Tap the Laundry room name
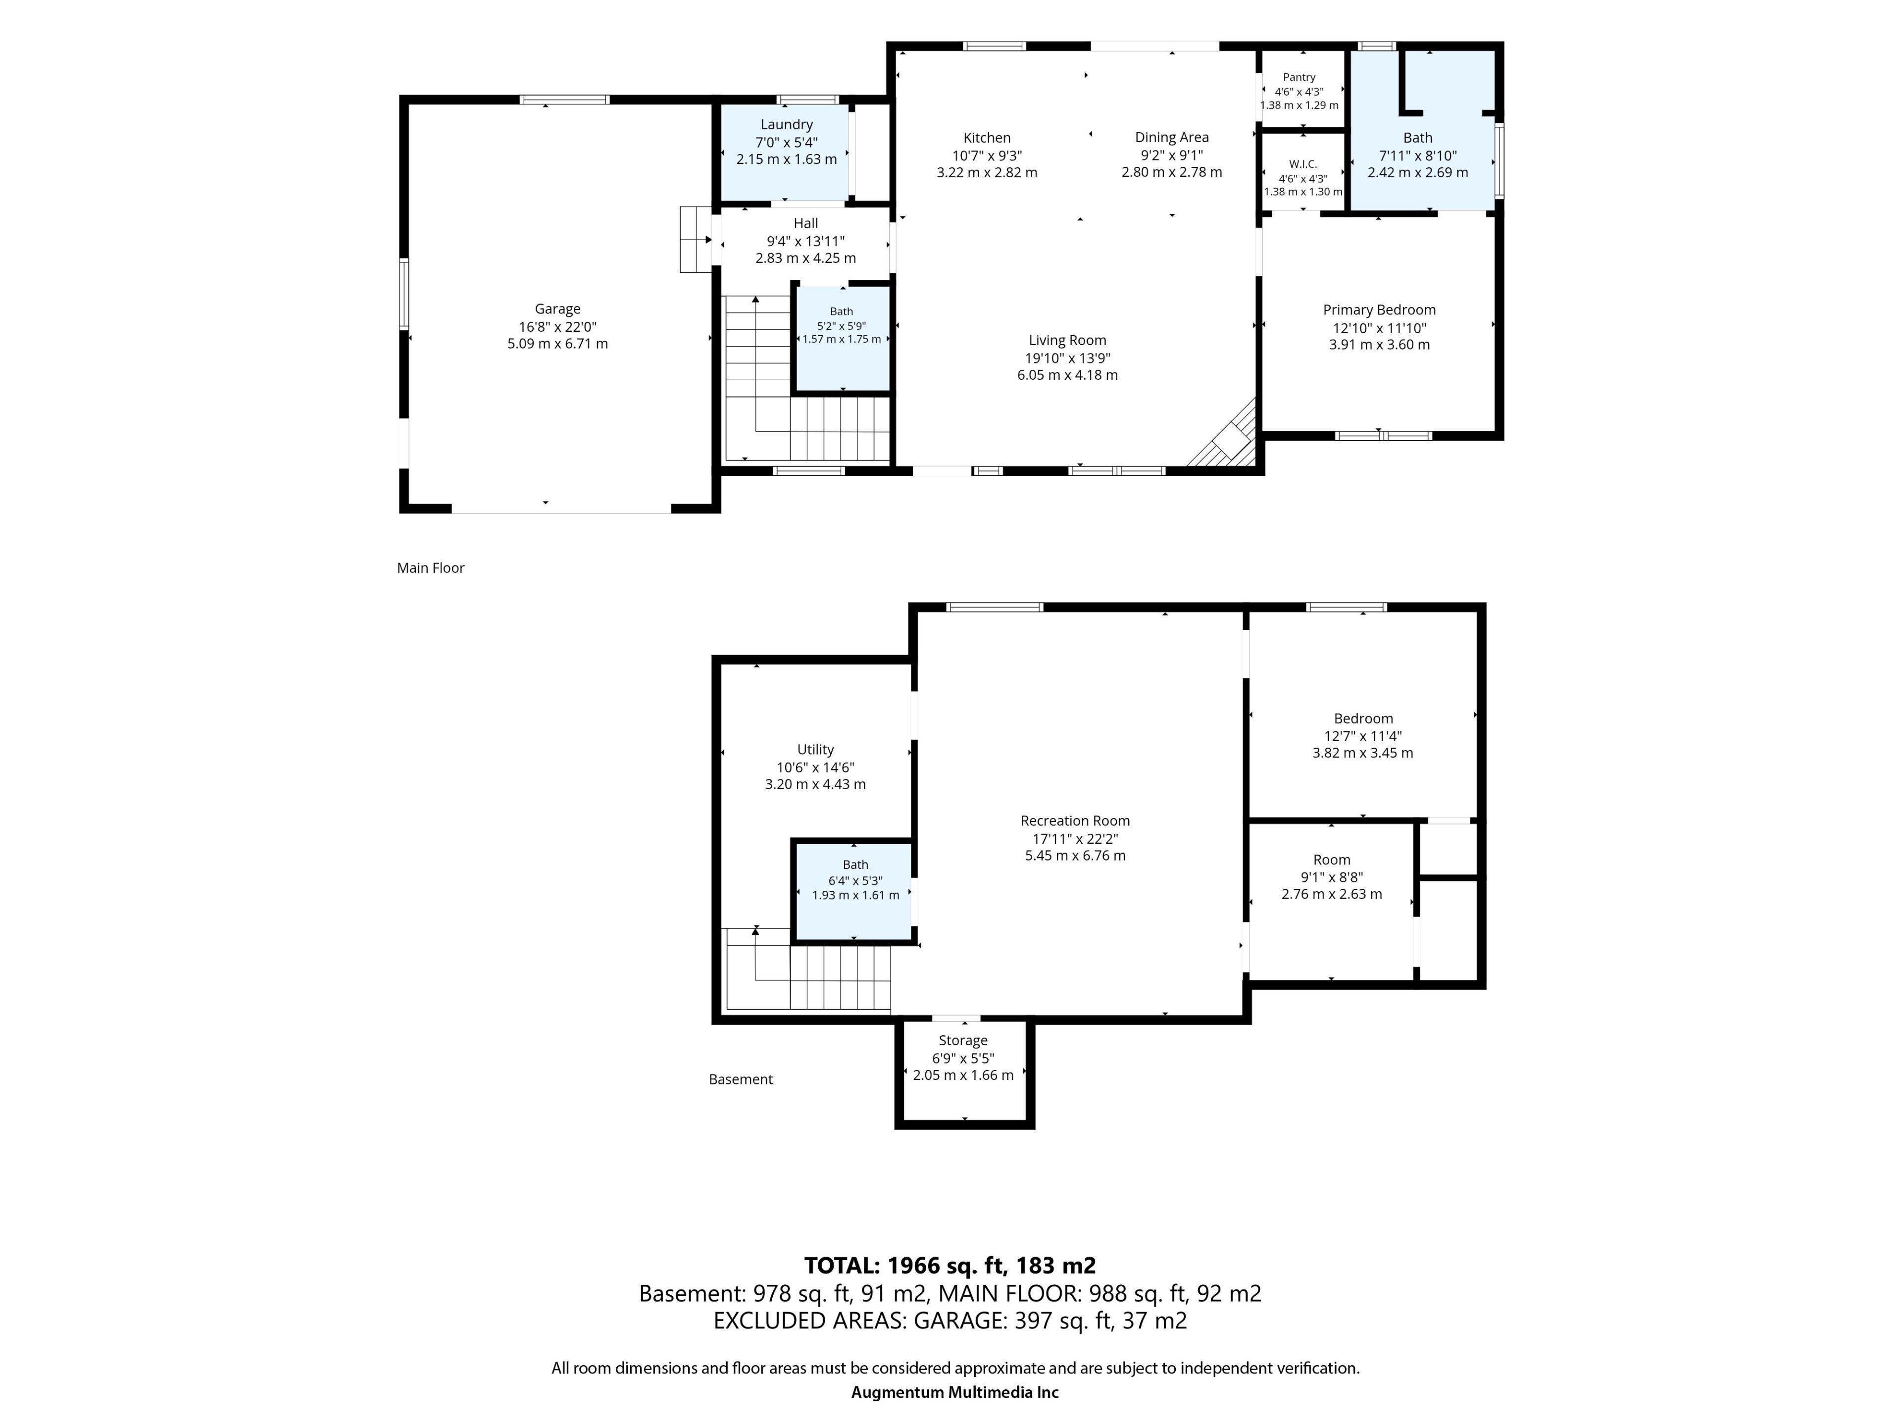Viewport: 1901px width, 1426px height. point(786,125)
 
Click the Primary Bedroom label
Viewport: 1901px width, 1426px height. point(1379,309)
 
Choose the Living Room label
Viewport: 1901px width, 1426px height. point(1067,340)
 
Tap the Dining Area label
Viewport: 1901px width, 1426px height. point(1171,138)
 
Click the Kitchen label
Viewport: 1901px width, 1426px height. point(987,138)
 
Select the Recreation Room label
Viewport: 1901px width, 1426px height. point(1075,821)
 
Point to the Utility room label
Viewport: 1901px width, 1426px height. point(815,750)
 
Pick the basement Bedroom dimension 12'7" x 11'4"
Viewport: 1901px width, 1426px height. point(1363,736)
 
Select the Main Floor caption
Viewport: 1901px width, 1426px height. point(431,568)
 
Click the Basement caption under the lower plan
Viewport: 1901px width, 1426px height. point(741,1079)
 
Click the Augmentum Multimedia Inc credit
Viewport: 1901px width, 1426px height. point(955,1392)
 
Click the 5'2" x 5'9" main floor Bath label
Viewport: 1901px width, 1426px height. point(842,326)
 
